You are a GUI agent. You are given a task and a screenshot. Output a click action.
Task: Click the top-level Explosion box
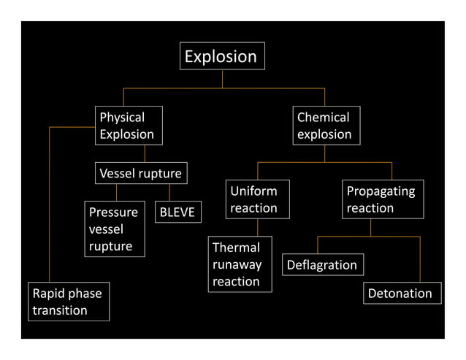pos(222,56)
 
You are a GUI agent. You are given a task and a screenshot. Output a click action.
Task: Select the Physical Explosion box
pos(129,126)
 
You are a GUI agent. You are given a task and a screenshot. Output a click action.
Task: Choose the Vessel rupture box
pos(141,174)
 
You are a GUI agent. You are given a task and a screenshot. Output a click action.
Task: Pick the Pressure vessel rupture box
pos(114,229)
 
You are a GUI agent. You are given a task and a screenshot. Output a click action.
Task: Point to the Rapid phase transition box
pos(69,302)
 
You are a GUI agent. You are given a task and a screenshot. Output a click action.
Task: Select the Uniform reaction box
pos(257,199)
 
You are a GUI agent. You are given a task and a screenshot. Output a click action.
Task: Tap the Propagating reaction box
pos(383,199)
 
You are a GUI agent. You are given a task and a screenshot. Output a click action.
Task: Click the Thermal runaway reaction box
pos(240,264)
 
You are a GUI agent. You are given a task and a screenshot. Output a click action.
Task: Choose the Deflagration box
pos(322,265)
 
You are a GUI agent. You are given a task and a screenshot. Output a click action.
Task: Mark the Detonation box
pos(402,294)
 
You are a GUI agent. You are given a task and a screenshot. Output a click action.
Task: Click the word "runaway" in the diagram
pos(237,265)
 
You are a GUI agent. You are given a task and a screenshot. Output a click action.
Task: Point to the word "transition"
pos(60,310)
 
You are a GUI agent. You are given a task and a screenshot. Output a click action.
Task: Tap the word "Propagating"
pos(381,191)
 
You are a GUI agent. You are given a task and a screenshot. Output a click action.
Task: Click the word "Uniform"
pos(253,191)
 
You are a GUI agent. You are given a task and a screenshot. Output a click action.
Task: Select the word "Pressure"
pos(113,212)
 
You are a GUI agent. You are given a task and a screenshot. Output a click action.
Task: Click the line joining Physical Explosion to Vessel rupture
pos(144,153)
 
